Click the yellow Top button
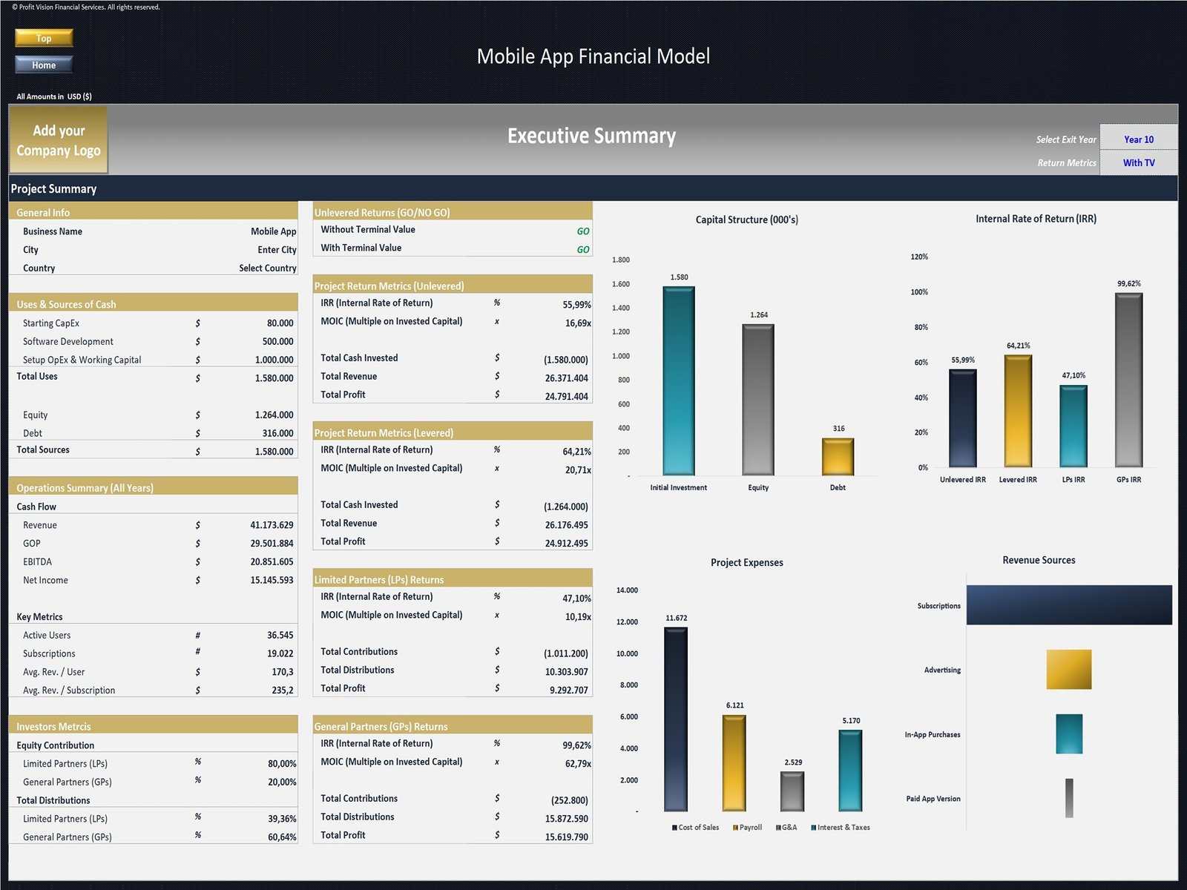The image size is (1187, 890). [44, 38]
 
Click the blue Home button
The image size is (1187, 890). [44, 65]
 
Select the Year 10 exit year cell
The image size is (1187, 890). [1138, 139]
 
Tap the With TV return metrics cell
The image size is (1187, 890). [1138, 162]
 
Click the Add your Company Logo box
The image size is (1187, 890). [59, 140]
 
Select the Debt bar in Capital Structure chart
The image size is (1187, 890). [838, 456]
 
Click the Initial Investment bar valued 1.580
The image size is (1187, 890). [679, 380]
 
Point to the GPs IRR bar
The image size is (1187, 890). [1128, 380]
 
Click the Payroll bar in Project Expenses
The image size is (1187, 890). [734, 762]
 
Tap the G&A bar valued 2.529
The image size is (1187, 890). [792, 791]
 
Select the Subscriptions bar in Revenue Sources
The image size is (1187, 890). [1069, 605]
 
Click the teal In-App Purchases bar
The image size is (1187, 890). [1069, 734]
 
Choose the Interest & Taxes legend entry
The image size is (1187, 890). [841, 827]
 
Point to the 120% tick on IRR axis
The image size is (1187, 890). [919, 257]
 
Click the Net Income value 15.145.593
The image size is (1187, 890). [272, 580]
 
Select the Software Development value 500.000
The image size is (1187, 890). [277, 341]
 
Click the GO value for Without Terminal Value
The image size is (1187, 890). [583, 231]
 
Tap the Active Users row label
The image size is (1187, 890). [47, 635]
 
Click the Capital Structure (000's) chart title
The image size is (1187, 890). [746, 220]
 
